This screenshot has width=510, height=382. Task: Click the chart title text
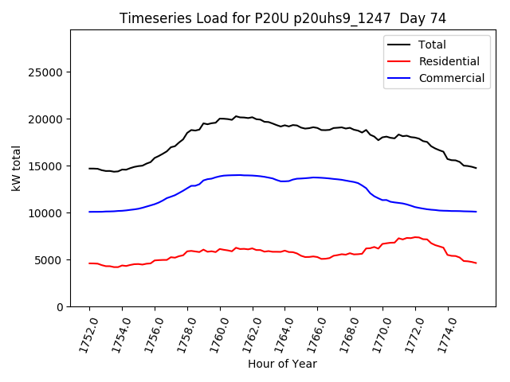click(282, 18)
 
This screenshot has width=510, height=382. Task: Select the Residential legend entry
click(449, 61)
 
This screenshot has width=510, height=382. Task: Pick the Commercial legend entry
click(451, 78)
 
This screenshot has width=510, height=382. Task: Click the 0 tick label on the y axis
click(61, 307)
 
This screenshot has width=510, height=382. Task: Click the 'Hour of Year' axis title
click(282, 364)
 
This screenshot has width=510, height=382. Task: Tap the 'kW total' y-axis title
click(16, 169)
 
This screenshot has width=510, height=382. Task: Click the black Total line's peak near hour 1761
click(236, 116)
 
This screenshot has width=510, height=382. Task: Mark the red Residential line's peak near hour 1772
click(416, 236)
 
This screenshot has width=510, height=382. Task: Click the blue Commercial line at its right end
click(476, 212)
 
